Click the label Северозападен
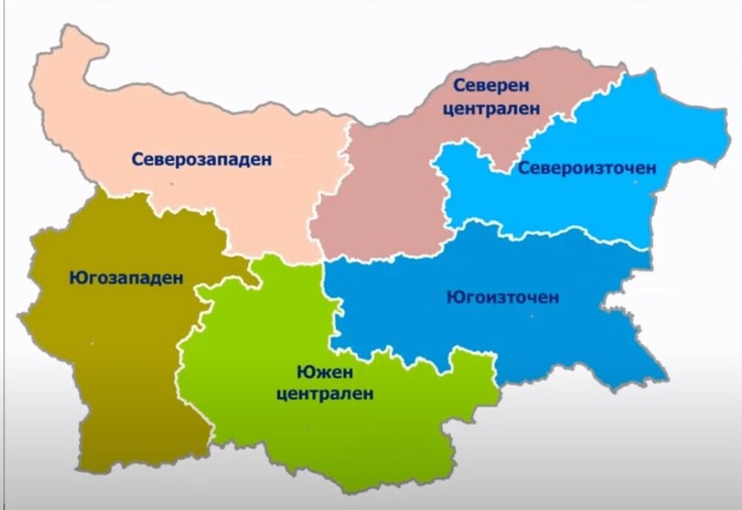coord(202,159)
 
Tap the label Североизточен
coord(587,168)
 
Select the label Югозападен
coord(125,279)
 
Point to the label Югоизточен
coord(502,298)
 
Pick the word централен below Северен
coord(492,107)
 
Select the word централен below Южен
coord(324,394)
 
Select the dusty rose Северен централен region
coord(386,200)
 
